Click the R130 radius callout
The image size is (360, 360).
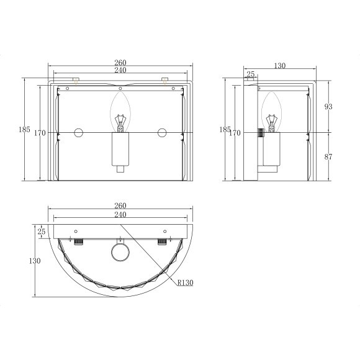point(186,282)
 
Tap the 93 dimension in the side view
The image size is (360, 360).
point(328,107)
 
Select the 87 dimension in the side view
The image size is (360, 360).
point(328,157)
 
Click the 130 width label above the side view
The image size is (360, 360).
point(280,66)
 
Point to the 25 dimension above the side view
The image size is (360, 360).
point(251,74)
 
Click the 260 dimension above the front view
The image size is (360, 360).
point(120,63)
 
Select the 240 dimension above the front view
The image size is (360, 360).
point(120,70)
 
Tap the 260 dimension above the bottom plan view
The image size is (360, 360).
point(120,205)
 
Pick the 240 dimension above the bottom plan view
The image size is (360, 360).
point(120,214)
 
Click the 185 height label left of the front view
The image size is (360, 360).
point(24,130)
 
